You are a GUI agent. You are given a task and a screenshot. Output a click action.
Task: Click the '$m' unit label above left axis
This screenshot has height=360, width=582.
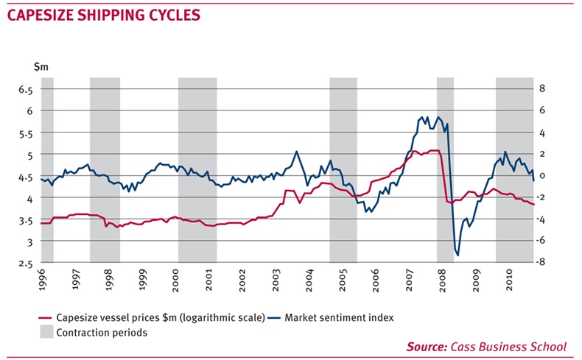point(41,67)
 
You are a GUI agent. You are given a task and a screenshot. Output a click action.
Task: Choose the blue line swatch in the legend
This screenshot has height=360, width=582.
point(275,318)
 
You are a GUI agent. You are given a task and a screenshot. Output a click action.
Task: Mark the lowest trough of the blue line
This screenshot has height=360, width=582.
point(457,255)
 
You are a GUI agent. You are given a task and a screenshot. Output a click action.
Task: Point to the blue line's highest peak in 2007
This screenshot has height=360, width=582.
point(425,116)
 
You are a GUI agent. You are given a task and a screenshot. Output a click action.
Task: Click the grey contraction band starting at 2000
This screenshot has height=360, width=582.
point(197,169)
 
